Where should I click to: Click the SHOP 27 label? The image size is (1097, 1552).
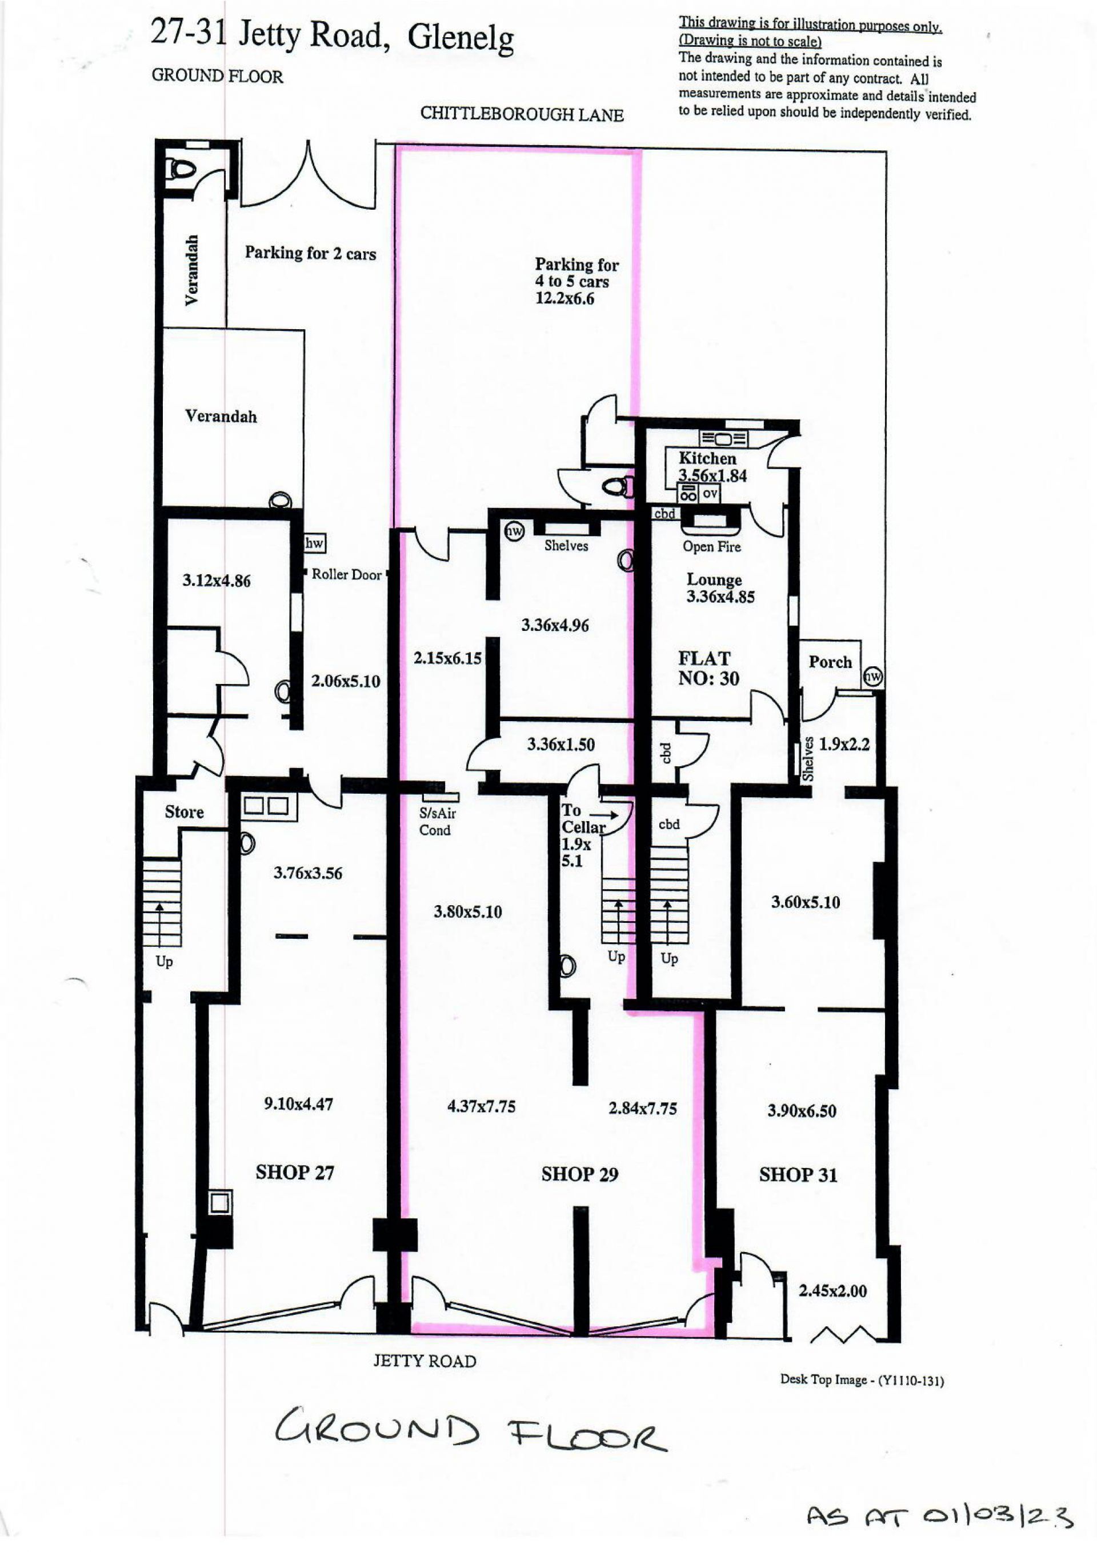click(x=295, y=1172)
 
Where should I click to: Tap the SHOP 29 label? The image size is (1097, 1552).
click(x=579, y=1174)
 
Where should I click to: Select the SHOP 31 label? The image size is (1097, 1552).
click(x=798, y=1175)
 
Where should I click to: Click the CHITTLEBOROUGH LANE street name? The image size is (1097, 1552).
click(x=522, y=114)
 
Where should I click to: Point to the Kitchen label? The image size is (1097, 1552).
click(x=707, y=458)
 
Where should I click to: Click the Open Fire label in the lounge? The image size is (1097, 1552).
click(x=711, y=546)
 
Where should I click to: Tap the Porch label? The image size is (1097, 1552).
click(x=830, y=662)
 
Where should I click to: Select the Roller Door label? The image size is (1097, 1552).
click(x=346, y=574)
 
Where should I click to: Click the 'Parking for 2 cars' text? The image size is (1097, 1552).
click(x=310, y=254)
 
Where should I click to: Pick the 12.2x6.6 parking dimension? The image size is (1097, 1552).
click(x=564, y=299)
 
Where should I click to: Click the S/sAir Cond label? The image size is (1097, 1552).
click(x=437, y=822)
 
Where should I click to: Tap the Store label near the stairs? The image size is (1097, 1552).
click(x=184, y=812)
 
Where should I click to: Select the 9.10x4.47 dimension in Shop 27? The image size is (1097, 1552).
click(x=298, y=1104)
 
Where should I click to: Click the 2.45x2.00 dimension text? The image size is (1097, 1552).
click(x=832, y=1290)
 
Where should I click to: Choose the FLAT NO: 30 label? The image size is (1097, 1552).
click(x=708, y=668)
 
